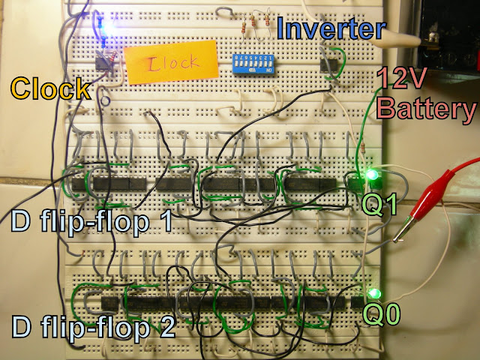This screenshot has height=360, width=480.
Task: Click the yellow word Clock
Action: (51, 90)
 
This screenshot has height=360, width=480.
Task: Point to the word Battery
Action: (427, 111)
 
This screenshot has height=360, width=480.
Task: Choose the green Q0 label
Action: (382, 313)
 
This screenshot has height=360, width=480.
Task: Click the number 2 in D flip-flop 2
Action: (166, 328)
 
